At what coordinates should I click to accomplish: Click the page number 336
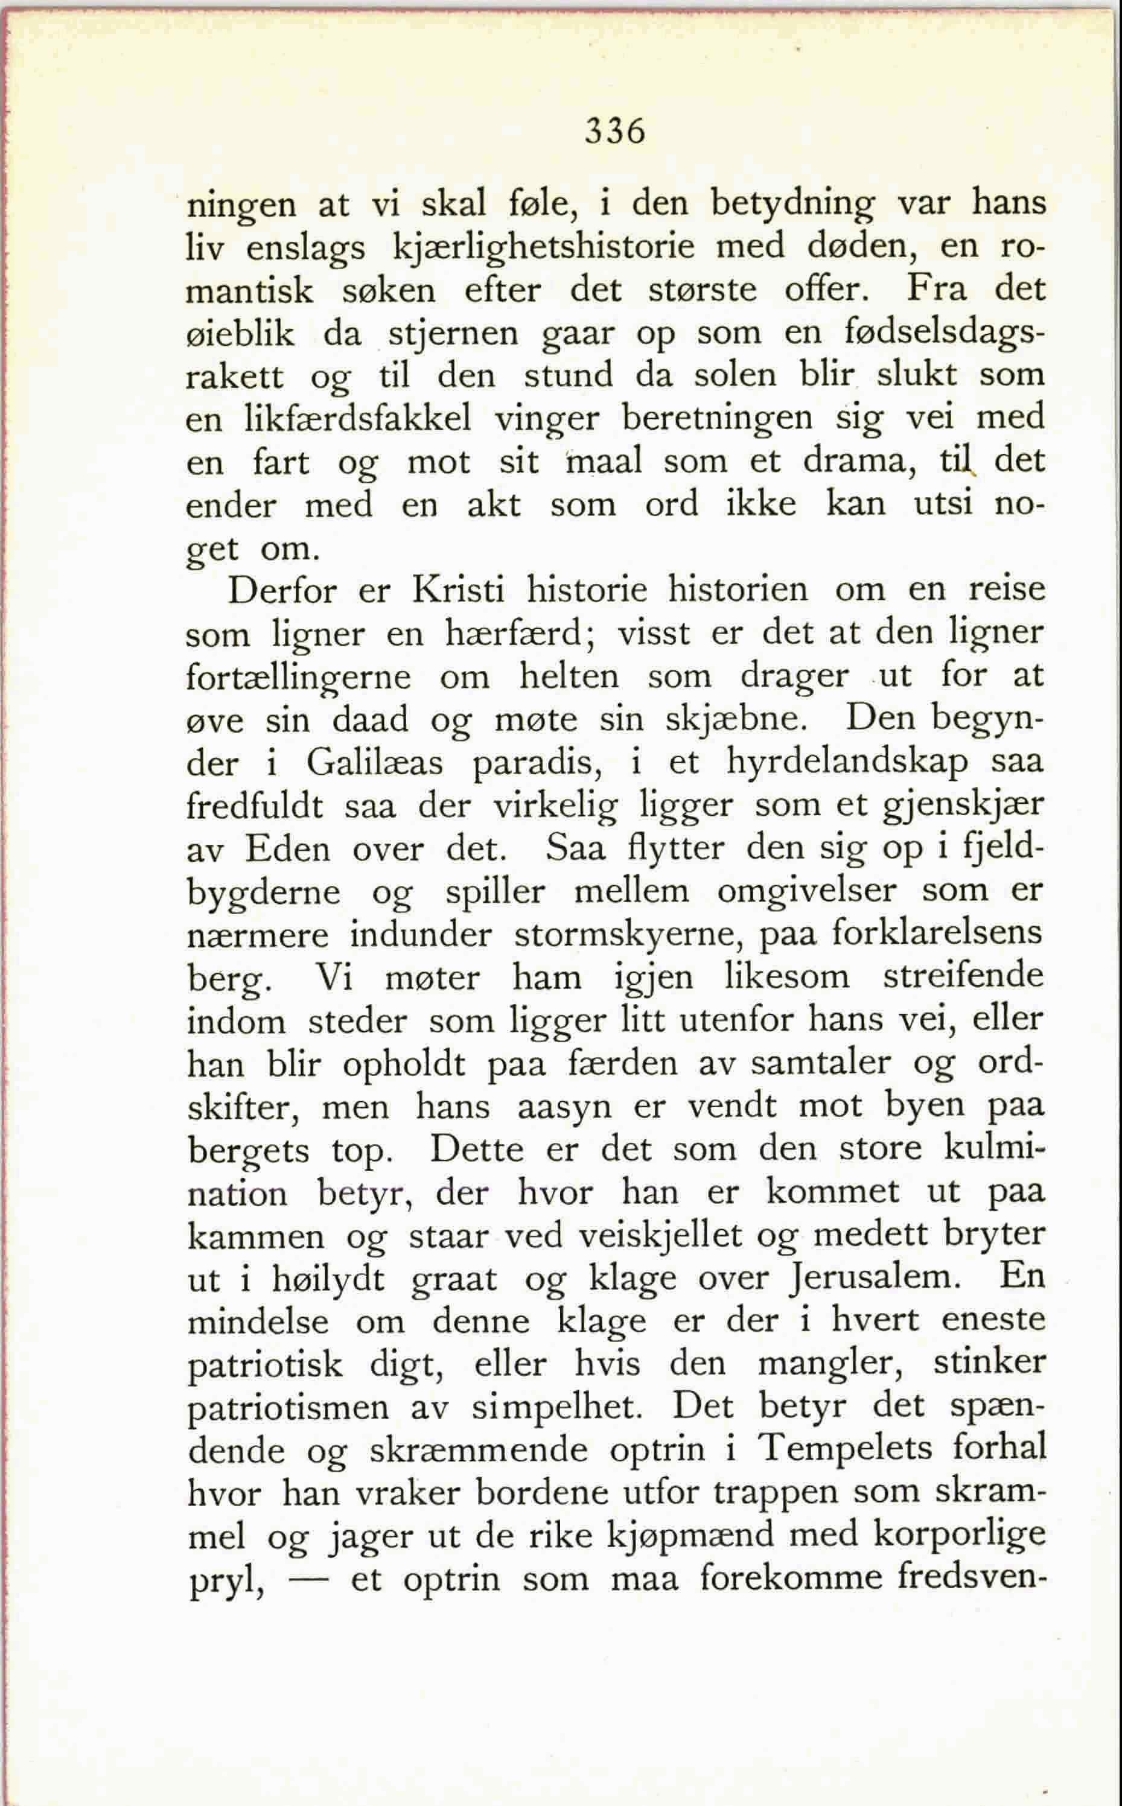coord(615,132)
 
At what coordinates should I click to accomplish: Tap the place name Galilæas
coord(374,763)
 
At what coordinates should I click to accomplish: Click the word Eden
coord(288,849)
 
